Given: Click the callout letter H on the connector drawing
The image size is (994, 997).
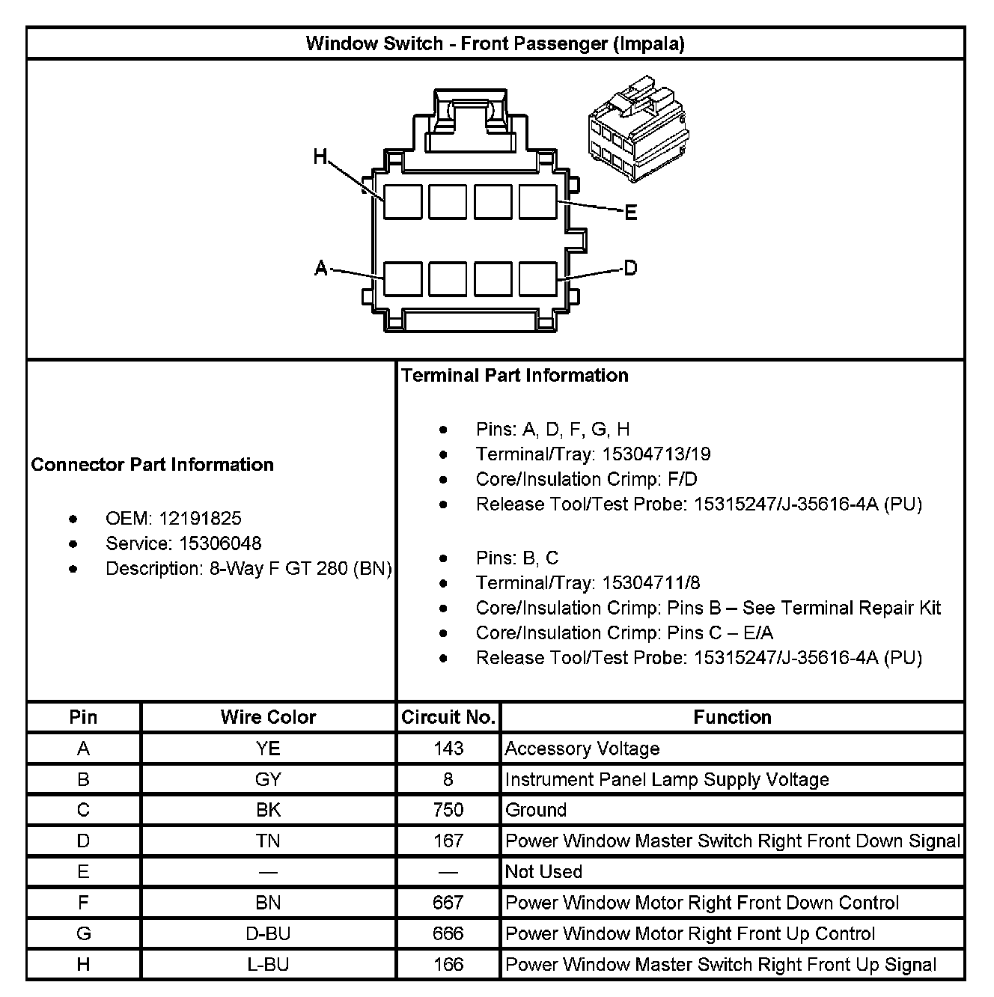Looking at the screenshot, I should tap(320, 156).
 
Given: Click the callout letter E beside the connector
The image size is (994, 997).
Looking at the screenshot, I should tap(631, 213).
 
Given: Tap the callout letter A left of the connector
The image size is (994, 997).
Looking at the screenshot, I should tap(321, 267).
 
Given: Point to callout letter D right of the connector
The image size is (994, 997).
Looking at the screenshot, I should tap(631, 267).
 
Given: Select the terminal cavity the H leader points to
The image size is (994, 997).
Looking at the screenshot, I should tap(403, 201).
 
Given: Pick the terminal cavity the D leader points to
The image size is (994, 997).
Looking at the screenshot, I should tap(537, 278).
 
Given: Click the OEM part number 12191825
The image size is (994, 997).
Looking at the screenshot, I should tap(200, 518).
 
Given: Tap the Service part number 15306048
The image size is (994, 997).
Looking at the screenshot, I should tap(221, 543).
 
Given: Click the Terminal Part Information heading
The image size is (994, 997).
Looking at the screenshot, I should tap(515, 375).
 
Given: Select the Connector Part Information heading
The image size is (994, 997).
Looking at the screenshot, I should tap(153, 465).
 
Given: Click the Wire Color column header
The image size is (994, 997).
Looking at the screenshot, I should tap(268, 717).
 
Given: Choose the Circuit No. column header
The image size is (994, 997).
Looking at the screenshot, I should tap(448, 717).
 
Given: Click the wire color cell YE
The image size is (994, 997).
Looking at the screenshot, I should tap(268, 748).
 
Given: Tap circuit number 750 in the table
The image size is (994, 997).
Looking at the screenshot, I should tap(448, 810).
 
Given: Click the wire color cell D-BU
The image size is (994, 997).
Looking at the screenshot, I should tap(268, 933).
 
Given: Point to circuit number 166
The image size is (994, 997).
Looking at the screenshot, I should tap(448, 965).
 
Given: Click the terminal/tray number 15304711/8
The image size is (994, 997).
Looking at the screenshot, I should tap(650, 582).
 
